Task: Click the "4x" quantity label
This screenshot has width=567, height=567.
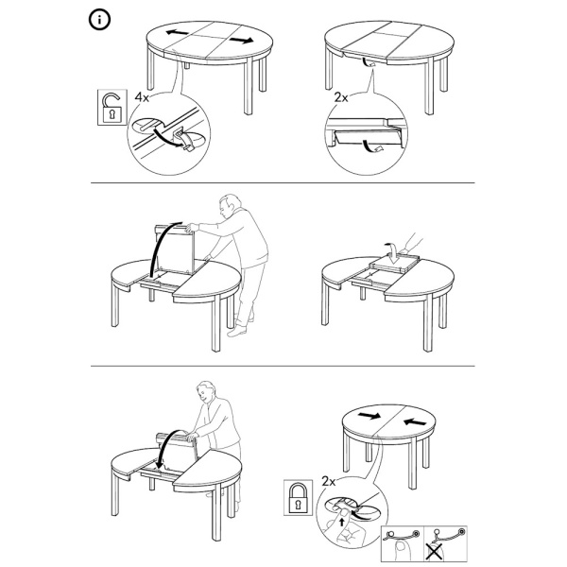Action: click(x=143, y=97)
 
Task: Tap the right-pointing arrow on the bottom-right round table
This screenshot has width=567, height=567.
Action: click(x=369, y=417)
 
